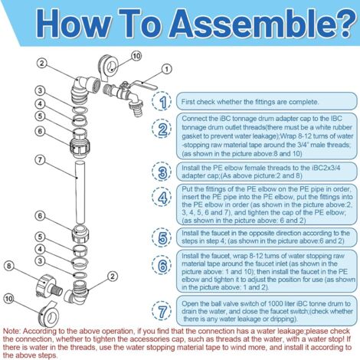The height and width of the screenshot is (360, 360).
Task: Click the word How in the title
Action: (72, 24)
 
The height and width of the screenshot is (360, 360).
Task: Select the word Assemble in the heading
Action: (250, 24)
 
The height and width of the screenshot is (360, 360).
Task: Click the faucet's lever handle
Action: (143, 85)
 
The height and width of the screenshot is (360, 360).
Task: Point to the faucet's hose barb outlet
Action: (135, 107)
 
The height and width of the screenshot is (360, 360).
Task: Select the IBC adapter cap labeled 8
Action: (50, 286)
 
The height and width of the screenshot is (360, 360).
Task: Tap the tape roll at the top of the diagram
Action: (108, 67)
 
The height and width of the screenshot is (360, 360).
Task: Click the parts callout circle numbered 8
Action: (9, 266)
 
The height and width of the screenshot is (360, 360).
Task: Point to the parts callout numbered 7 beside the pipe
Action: (40, 160)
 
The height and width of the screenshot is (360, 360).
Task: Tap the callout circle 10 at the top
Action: (136, 56)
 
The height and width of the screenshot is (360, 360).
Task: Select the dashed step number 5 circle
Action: (162, 237)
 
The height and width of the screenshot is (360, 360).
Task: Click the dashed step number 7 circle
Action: (162, 311)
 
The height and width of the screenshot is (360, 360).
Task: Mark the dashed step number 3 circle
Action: (162, 172)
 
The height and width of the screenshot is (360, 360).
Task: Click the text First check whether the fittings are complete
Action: (250, 102)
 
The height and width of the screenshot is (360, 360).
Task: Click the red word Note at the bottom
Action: (11, 331)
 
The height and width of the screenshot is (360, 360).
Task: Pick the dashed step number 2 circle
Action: (162, 129)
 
